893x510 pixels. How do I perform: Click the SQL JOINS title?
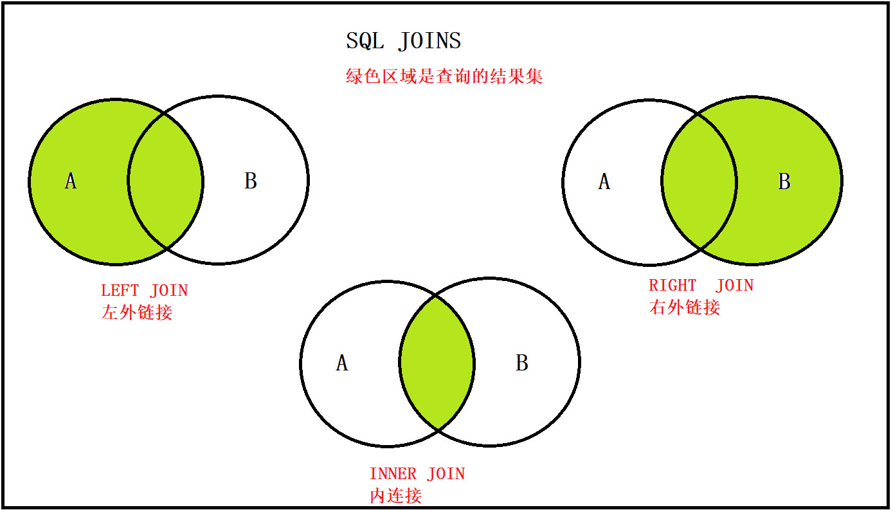(404, 41)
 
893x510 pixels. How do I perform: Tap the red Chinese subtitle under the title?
(444, 76)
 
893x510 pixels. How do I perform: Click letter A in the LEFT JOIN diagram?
(71, 181)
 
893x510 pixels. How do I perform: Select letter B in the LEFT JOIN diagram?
(251, 181)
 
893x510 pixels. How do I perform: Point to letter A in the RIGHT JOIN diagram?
(604, 181)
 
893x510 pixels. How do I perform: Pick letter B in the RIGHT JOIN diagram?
(784, 181)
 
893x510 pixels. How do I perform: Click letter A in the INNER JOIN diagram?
(342, 363)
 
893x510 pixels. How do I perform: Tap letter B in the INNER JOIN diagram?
(522, 363)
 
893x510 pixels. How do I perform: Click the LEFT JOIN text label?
(144, 290)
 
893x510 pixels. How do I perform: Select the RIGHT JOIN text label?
(701, 286)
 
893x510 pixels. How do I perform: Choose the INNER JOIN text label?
(417, 474)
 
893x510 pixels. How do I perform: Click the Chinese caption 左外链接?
(137, 312)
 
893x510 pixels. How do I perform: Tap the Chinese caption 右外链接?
(685, 307)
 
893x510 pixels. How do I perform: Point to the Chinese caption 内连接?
(396, 496)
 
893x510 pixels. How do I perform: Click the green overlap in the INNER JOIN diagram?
(437, 363)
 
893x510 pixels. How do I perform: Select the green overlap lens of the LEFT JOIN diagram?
(165, 181)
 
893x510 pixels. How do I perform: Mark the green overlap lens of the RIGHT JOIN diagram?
(699, 181)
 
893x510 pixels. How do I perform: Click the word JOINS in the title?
(429, 41)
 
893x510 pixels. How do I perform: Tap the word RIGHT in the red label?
(672, 286)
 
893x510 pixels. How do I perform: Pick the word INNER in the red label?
(393, 474)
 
